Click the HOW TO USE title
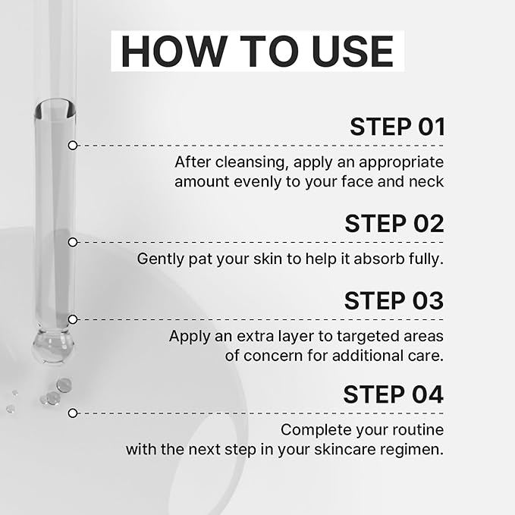click(x=257, y=51)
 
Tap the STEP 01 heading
click(x=397, y=127)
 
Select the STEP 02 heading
click(x=394, y=223)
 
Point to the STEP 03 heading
click(x=394, y=300)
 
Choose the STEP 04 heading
click(x=394, y=394)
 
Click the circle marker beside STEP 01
click(x=72, y=145)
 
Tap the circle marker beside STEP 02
click(x=72, y=242)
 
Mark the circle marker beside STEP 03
click(x=72, y=319)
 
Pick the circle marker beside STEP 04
click(x=72, y=413)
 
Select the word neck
click(x=427, y=182)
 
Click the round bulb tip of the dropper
click(x=53, y=349)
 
